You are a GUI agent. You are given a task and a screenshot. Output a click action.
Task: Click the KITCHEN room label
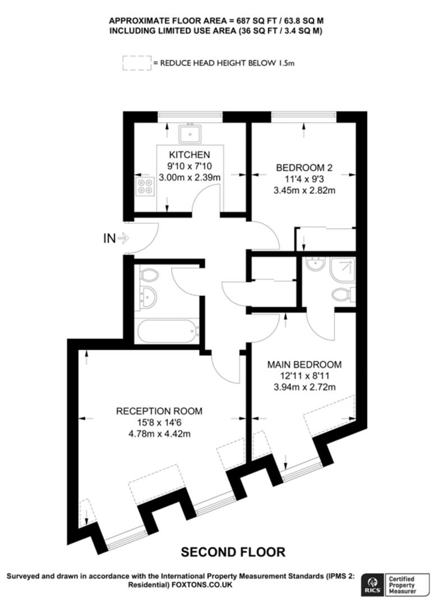tap(189, 155)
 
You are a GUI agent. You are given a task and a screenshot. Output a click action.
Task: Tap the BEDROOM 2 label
tap(304, 168)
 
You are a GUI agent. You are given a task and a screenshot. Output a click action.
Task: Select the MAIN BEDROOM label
tap(304, 365)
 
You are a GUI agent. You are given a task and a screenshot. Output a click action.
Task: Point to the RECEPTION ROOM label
tap(159, 411)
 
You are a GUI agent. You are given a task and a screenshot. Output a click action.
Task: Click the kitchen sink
tap(190, 133)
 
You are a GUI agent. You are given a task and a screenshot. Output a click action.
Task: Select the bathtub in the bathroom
tap(168, 331)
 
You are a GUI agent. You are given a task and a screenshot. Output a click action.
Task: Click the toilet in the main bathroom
tap(149, 275)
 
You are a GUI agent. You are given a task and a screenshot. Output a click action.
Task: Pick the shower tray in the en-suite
tap(343, 269)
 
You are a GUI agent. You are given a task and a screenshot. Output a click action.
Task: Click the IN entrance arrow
tap(123, 239)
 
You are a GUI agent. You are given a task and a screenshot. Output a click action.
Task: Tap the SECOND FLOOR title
tap(233, 552)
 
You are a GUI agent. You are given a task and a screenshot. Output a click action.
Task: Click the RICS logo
tap(372, 584)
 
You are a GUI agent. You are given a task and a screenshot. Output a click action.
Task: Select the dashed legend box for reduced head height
tap(137, 63)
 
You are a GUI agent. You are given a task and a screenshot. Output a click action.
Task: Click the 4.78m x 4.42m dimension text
tap(159, 434)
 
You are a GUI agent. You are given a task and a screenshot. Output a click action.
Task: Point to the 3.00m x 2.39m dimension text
tap(189, 178)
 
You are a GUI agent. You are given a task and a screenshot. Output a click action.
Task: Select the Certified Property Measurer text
tap(402, 585)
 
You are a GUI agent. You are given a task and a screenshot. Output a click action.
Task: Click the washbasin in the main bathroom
tap(148, 297)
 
